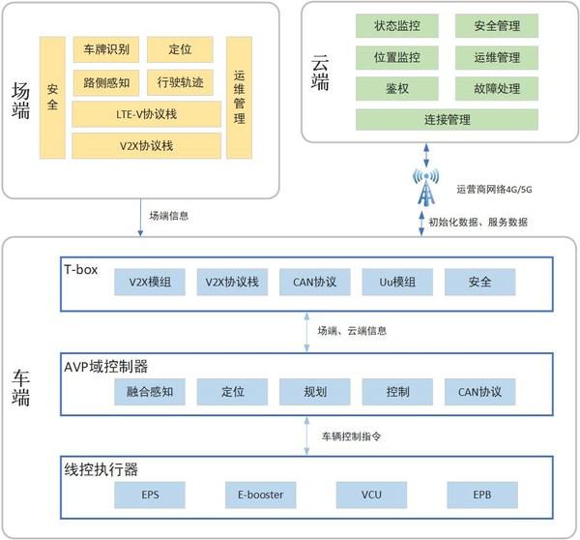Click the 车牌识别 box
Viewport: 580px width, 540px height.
(106, 47)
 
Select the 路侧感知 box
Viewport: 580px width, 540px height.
(106, 82)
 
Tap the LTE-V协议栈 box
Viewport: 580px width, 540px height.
(145, 115)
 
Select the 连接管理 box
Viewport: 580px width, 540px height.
(446, 121)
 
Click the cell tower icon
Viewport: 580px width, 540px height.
(425, 188)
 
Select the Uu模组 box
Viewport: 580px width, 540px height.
(396, 282)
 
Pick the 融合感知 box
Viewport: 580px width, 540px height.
(150, 393)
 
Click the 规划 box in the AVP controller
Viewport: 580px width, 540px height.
(314, 393)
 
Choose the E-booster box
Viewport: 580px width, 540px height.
(260, 495)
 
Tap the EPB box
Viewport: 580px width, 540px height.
(481, 495)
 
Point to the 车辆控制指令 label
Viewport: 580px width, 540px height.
(351, 436)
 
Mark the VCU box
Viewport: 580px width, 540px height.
(370, 495)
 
